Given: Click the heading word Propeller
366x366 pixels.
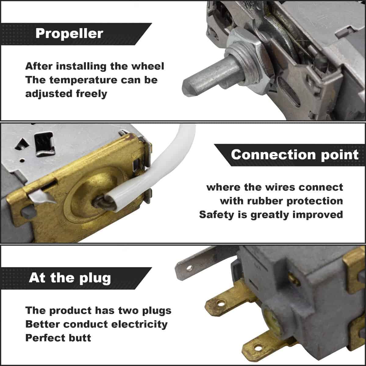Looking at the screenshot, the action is (x=69, y=34).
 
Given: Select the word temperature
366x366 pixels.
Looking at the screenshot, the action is (x=84, y=80).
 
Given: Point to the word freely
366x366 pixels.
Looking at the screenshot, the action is (x=91, y=94).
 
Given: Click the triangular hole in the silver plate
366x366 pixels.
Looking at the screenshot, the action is (x=22, y=144).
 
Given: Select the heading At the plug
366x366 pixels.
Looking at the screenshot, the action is (x=70, y=278).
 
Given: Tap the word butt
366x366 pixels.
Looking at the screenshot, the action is (x=80, y=338).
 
